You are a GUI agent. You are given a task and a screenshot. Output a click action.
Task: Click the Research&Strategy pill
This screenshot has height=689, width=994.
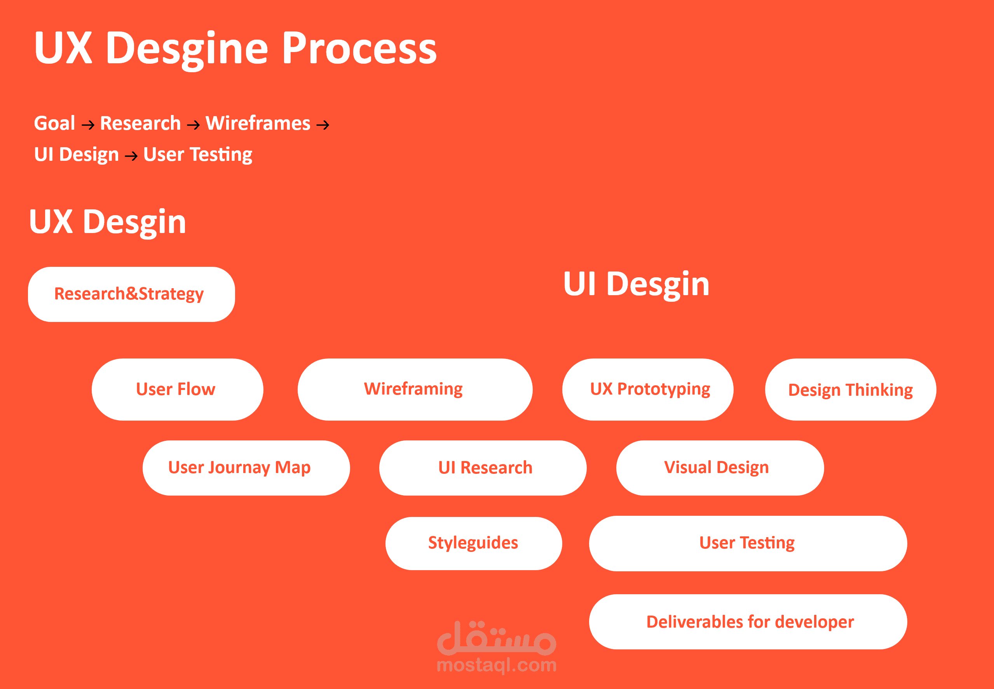131,294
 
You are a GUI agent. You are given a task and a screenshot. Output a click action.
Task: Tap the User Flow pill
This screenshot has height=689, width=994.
177,389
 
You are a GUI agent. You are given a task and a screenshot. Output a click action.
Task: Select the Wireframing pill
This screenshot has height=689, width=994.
415,389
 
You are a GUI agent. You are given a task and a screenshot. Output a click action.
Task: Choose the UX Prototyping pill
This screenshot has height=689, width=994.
647,389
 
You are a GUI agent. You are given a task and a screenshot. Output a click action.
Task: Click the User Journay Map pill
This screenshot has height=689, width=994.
246,468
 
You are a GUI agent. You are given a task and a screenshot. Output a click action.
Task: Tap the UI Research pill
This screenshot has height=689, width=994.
482,468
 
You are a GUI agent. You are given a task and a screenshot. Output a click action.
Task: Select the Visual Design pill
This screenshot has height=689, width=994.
719,468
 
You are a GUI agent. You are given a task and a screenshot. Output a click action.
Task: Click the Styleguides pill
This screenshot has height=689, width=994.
473,543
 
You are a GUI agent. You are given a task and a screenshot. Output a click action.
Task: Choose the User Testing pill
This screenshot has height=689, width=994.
748,543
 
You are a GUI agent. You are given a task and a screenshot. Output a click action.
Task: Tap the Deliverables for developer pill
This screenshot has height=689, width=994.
748,622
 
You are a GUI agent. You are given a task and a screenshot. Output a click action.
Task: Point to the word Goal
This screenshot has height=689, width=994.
54,124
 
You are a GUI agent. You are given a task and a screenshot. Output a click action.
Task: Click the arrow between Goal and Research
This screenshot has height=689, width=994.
88,125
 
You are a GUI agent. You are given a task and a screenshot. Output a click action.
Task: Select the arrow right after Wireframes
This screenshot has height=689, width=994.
323,125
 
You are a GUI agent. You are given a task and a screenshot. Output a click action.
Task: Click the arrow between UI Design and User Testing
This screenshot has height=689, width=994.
131,156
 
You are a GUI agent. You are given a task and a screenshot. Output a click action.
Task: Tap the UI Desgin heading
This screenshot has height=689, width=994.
636,284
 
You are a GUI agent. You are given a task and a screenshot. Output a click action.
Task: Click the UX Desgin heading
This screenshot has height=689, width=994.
108,222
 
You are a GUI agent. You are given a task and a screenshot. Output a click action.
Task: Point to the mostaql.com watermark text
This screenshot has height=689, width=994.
497,665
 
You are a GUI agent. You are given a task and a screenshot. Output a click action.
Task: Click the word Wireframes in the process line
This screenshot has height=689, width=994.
258,124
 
